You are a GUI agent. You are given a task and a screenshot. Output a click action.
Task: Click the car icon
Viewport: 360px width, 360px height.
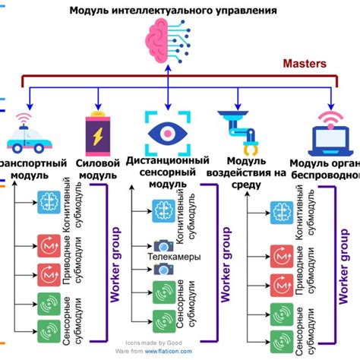(x=29, y=139)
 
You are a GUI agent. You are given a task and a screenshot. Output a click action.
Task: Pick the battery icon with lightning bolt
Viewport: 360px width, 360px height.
(x=99, y=131)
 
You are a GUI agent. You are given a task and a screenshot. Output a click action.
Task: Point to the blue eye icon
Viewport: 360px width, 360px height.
(x=169, y=132)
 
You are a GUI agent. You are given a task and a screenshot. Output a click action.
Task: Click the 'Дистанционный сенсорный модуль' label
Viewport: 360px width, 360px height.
(x=168, y=173)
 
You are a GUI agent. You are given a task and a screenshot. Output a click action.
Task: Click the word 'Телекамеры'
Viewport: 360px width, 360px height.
(x=175, y=257)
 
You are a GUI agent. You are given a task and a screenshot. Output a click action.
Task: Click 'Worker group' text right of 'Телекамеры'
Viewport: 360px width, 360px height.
(x=224, y=263)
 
